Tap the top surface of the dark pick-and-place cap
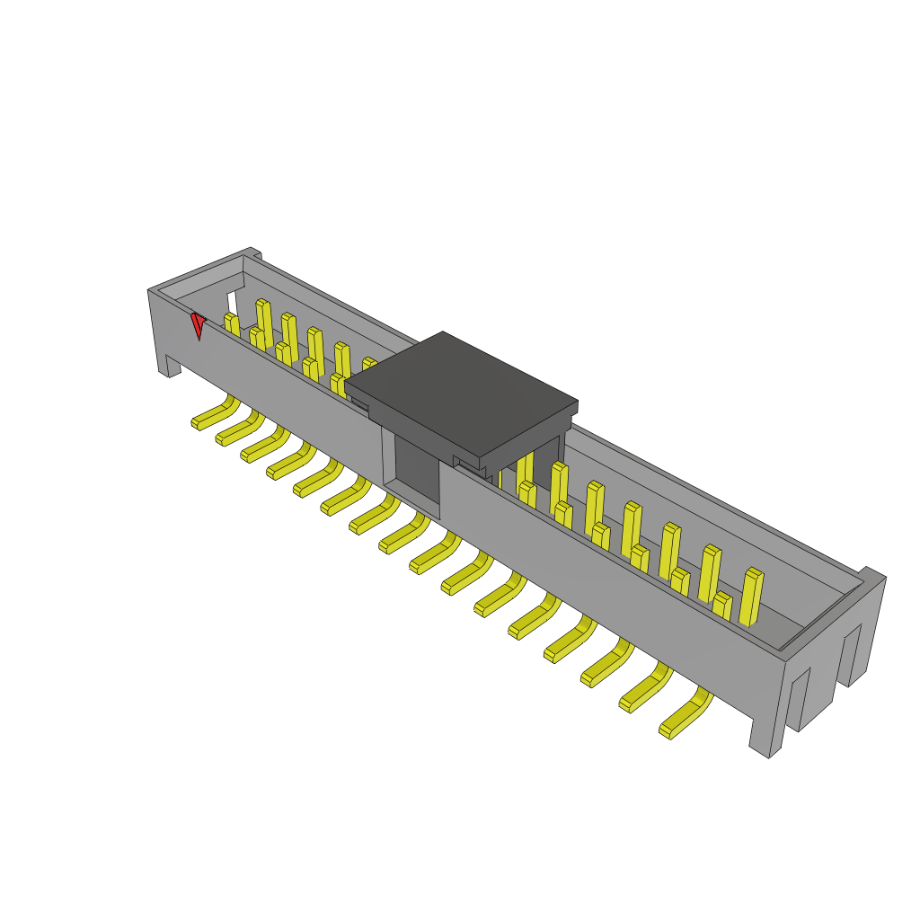point(461,391)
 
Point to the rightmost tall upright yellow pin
point(751,597)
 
